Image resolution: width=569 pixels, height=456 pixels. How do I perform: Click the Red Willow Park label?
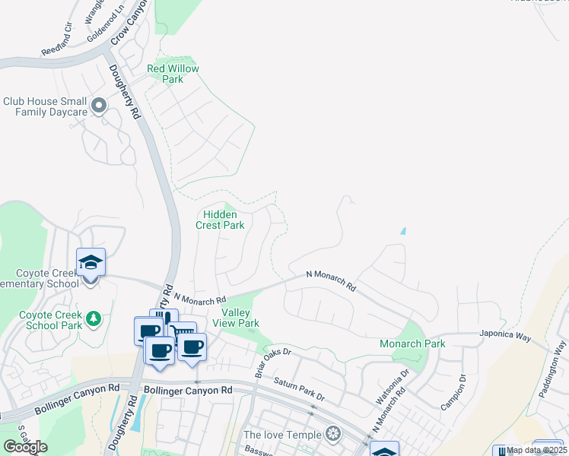pos(173,74)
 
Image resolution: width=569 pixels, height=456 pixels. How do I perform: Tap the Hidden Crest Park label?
pos(220,220)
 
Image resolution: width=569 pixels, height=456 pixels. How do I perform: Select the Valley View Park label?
pos(240,318)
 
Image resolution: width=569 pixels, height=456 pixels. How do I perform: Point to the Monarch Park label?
pos(412,344)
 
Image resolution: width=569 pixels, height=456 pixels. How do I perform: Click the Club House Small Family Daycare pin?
pos(98,106)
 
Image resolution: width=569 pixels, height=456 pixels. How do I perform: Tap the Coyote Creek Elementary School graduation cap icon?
pos(91,263)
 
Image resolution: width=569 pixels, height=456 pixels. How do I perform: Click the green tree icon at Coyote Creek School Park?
pos(94,317)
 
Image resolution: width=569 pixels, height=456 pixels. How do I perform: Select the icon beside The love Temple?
pos(332,435)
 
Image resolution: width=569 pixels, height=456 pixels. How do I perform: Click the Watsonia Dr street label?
pos(392,386)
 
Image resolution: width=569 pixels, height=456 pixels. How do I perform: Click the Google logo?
pos(25,447)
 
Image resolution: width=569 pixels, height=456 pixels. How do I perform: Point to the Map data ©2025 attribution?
pos(537,450)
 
